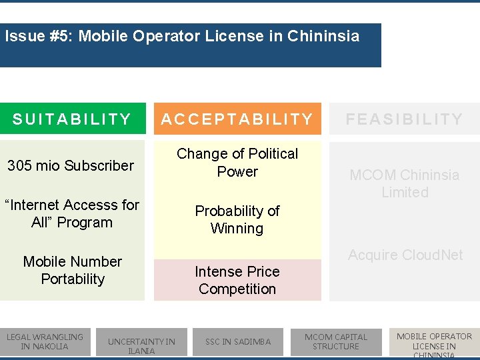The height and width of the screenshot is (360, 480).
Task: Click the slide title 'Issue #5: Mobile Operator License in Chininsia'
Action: tap(182, 36)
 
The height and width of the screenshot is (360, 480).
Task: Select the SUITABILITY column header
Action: tap(72, 119)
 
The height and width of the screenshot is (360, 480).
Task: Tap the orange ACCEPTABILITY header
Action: tap(237, 119)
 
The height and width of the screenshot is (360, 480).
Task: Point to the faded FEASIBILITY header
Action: tap(404, 119)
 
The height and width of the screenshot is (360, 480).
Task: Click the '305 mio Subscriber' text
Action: tap(71, 165)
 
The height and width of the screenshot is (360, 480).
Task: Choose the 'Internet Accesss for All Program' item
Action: tap(72, 213)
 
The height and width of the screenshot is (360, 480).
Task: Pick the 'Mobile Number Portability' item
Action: tap(72, 270)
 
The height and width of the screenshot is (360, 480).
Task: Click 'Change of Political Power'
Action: tap(237, 163)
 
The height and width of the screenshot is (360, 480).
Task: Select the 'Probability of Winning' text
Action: tap(237, 219)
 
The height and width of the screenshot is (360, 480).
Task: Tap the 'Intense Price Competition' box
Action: tap(237, 280)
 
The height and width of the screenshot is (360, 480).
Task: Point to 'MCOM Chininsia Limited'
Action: tap(404, 183)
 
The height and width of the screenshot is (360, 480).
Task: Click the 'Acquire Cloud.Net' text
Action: tap(405, 255)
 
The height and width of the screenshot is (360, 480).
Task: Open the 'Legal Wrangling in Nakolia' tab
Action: tap(45, 341)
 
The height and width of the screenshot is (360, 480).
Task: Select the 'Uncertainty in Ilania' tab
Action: tap(141, 345)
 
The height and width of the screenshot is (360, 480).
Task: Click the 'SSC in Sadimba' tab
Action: tap(238, 341)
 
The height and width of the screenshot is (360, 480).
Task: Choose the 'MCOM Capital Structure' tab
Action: tap(336, 341)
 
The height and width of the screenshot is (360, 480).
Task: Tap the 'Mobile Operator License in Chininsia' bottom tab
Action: tap(434, 344)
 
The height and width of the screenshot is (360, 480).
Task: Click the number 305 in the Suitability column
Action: tap(19, 165)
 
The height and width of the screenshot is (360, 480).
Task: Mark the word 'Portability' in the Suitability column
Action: tap(73, 279)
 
